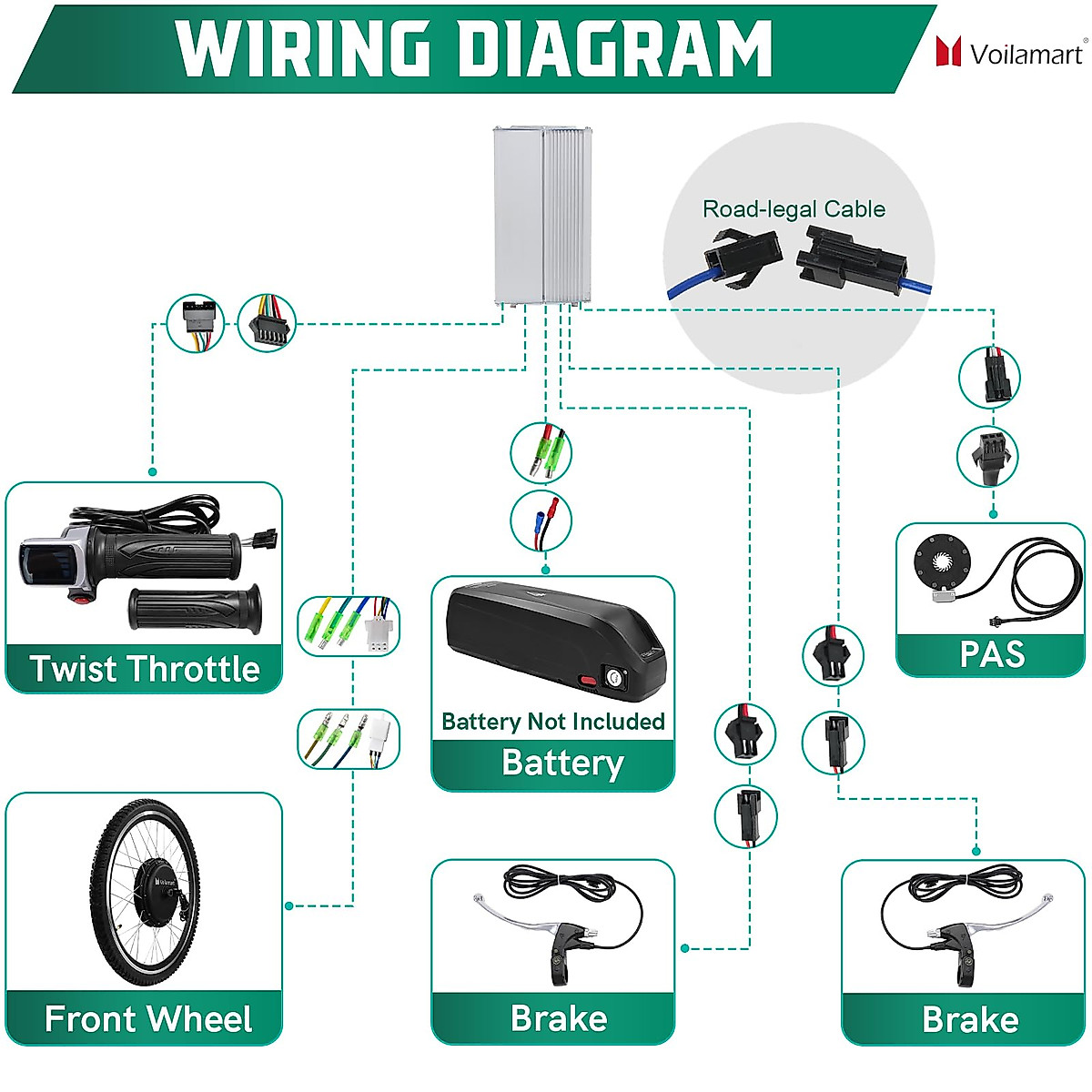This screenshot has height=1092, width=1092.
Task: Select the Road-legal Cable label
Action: (x=794, y=209)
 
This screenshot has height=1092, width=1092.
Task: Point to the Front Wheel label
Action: (x=147, y=1019)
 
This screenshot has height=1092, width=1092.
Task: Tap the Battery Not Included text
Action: (x=552, y=722)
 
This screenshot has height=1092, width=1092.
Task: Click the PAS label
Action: (x=991, y=655)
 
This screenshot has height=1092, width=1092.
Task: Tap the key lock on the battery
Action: (x=616, y=678)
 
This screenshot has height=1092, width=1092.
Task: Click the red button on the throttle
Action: (x=83, y=597)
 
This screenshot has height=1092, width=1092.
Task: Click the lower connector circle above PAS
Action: (x=988, y=456)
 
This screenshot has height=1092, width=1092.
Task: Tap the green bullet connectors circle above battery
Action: (x=541, y=452)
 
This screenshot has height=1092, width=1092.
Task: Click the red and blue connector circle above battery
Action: (x=541, y=521)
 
